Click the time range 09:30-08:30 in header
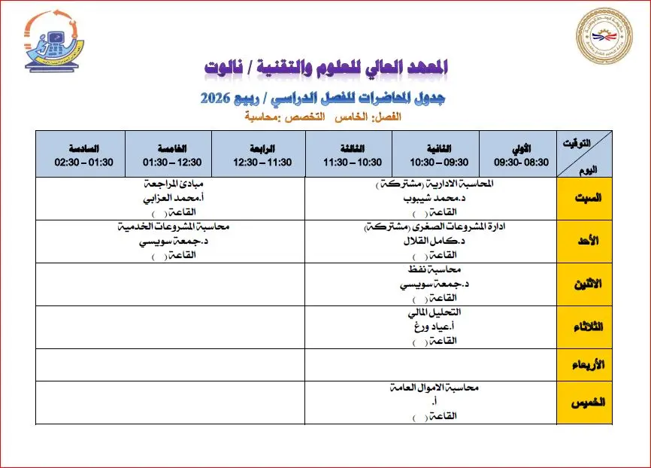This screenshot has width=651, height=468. click(522, 162)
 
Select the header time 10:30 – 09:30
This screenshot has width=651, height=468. click(438, 162)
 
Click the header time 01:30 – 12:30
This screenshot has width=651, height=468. click(171, 162)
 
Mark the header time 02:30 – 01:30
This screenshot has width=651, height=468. click(83, 162)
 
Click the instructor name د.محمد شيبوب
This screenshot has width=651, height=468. click(434, 199)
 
